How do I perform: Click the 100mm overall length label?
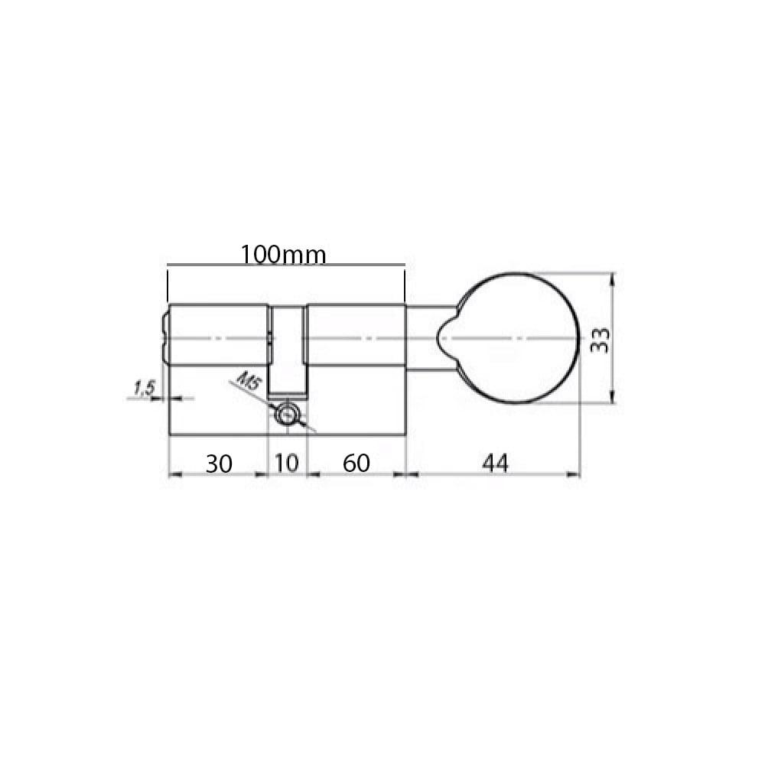[x=284, y=254]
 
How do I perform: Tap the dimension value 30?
[x=219, y=464]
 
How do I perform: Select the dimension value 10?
[x=286, y=463]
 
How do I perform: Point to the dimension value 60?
[x=356, y=463]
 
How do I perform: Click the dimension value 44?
[x=495, y=463]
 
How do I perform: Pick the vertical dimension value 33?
[x=600, y=340]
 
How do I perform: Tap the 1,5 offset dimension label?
[x=144, y=389]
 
